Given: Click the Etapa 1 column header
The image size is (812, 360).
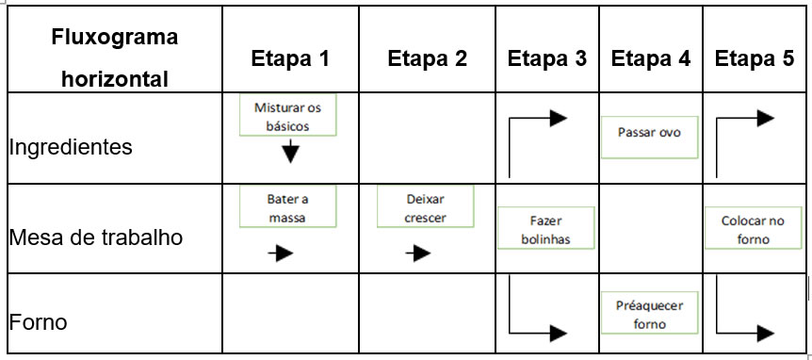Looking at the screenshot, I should (290, 58).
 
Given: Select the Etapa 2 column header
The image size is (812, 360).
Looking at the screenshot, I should (427, 58).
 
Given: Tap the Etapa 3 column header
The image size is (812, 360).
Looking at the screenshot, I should (547, 58).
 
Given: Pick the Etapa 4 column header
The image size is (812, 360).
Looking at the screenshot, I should (651, 58).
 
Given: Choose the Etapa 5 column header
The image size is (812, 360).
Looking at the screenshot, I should (755, 58).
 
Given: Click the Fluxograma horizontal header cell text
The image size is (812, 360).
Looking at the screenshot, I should (115, 58).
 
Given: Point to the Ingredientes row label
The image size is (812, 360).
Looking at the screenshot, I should (71, 147).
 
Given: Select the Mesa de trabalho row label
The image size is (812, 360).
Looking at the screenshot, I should (95, 237).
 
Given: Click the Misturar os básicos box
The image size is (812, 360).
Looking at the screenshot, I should (287, 116).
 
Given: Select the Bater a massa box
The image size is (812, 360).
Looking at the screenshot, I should (287, 207).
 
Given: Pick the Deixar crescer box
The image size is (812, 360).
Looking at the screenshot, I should (425, 207).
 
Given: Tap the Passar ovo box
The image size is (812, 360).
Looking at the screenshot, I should (650, 133).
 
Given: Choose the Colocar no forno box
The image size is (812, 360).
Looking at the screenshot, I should (753, 229).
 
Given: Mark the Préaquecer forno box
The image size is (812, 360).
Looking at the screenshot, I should (650, 314).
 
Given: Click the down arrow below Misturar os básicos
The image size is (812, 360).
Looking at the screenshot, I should (290, 153).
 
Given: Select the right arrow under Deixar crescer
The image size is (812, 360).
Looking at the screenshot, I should (417, 253).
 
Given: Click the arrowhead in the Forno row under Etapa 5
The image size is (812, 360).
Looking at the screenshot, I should (766, 333).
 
